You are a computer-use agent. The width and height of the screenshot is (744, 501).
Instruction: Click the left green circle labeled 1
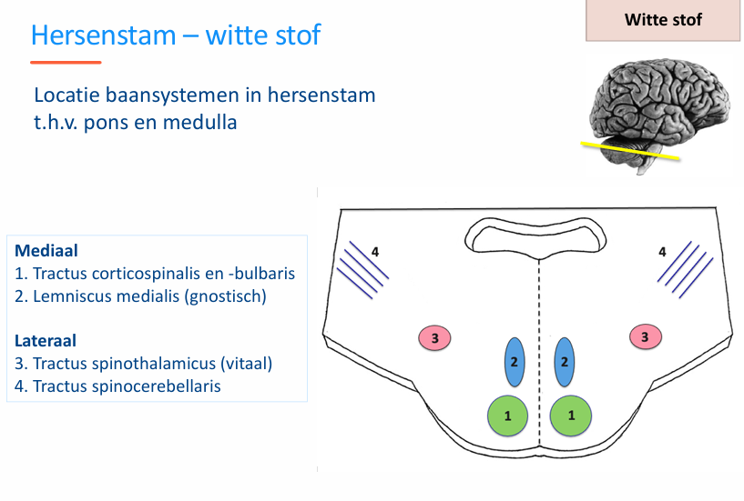[x=508, y=415]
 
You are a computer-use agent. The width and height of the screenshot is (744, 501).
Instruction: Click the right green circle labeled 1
[x=571, y=415]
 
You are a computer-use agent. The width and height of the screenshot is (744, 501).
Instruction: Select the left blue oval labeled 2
[x=515, y=361]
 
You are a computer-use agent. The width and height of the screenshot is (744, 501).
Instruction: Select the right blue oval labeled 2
[x=565, y=361]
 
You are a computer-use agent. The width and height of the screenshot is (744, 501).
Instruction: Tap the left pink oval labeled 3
[x=435, y=338]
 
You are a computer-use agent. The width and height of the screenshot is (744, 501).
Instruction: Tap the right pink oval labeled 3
[x=646, y=337]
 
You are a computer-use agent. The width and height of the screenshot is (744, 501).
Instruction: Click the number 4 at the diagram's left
[x=373, y=250]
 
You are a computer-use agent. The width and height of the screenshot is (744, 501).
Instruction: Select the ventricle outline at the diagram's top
[x=535, y=235]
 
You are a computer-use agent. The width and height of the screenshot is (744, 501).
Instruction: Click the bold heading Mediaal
[x=45, y=250]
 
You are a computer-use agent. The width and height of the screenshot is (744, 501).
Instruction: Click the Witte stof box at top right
[x=663, y=20]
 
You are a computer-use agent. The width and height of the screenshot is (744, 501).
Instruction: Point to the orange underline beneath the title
[x=66, y=63]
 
